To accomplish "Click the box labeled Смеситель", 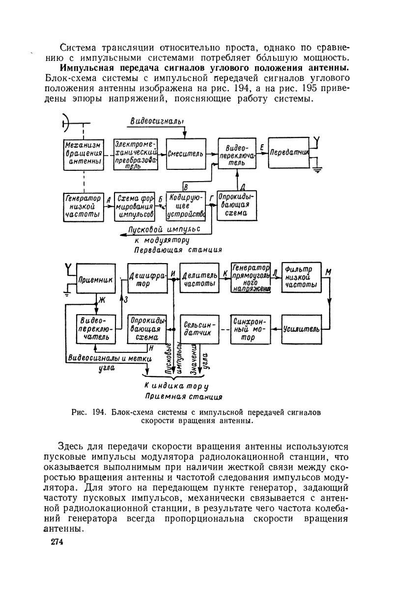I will [185, 154].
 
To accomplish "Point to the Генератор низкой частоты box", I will [84, 207].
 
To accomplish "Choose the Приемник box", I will [96, 280].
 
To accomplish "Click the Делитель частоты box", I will [199, 279].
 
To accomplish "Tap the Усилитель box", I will [301, 328].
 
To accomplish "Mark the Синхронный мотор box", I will [250, 329].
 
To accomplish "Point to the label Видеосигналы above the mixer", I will [157, 121].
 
